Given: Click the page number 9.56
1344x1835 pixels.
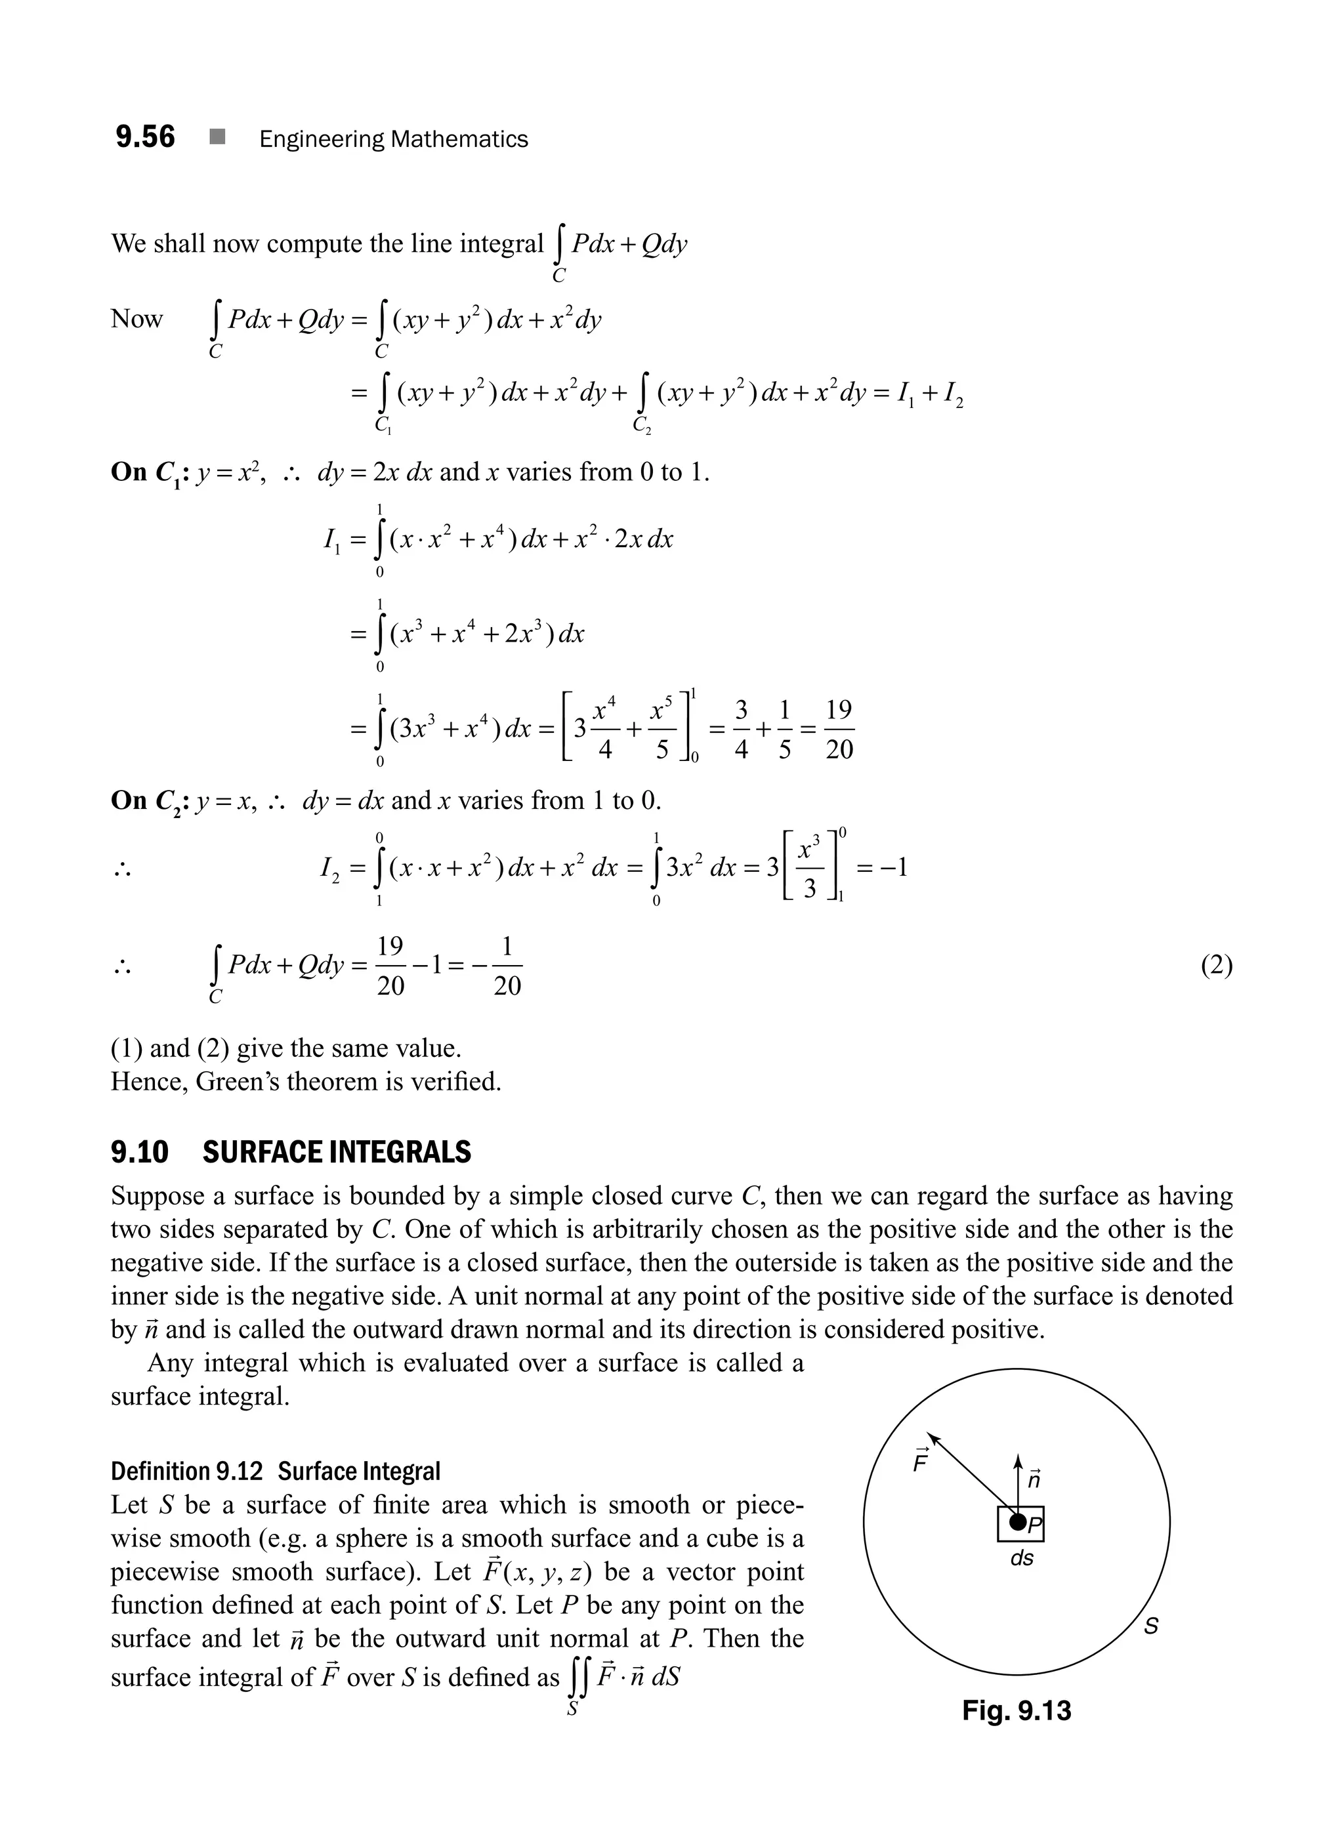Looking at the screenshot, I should (145, 136).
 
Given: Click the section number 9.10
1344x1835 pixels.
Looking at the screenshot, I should (140, 1153).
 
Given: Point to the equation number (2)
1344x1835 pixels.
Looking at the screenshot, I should (1216, 966).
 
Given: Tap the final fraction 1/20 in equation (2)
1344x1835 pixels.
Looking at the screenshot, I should (507, 966).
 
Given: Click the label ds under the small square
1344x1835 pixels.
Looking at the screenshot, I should (1021, 1558).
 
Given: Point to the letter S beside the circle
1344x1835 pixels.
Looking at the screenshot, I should (1151, 1626).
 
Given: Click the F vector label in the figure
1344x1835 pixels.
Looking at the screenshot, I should (921, 1462).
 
